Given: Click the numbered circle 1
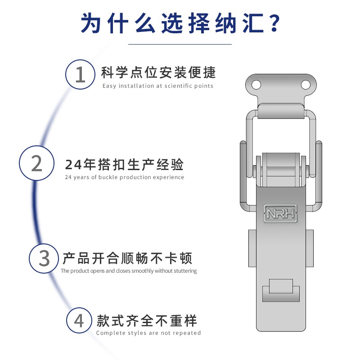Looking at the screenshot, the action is tap(80, 74).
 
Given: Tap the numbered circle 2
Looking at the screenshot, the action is tap(37, 164).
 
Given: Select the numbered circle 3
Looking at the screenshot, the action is tap(45, 258).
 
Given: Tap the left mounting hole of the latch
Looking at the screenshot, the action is tap(256, 84).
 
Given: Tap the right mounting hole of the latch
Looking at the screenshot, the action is tap(306, 84).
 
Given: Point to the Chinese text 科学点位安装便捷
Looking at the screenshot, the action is tap(158, 72).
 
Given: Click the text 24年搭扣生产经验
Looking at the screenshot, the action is tap(125, 165).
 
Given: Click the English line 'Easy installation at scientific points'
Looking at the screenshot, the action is tap(157, 86).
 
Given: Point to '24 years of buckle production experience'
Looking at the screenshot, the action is tap(125, 177).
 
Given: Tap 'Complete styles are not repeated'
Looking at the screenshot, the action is tap(148, 333).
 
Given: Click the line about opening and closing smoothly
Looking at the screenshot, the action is tap(129, 271).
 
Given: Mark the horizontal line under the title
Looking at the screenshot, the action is tap(180, 44).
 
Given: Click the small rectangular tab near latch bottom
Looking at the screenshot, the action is tap(281, 288).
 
